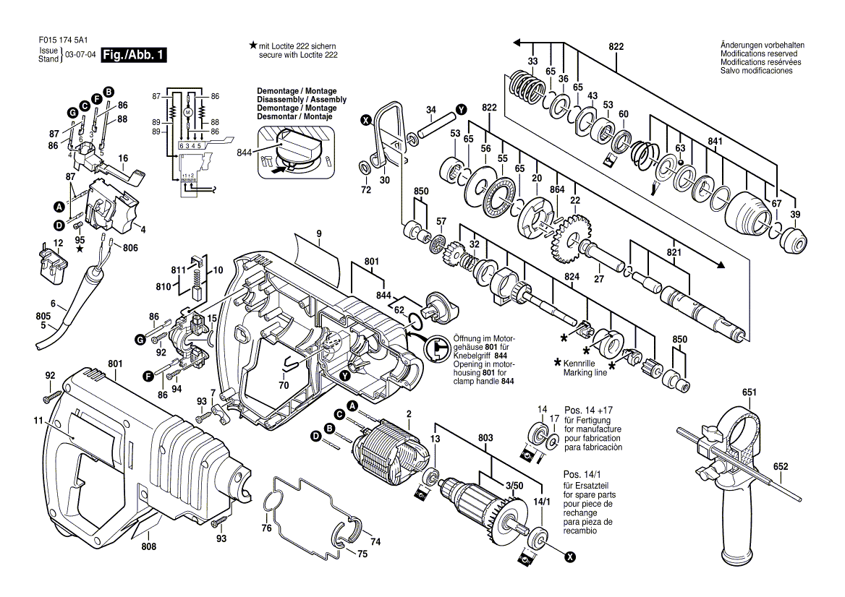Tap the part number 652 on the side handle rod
click(x=780, y=467)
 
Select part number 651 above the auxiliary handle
click(x=750, y=392)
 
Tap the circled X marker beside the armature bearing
click(x=570, y=557)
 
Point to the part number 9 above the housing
click(x=318, y=233)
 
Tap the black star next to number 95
click(x=80, y=250)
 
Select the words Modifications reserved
click(x=759, y=54)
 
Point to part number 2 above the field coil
click(x=409, y=413)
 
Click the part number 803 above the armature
click(x=485, y=438)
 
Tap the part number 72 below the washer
click(x=366, y=190)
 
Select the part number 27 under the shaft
click(x=599, y=278)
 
